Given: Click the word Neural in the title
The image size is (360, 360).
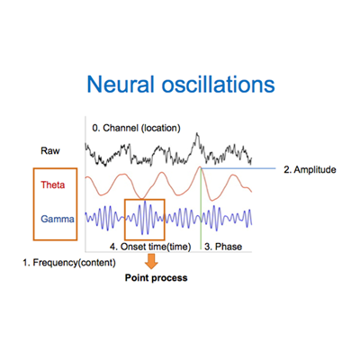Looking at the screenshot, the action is point(121,84).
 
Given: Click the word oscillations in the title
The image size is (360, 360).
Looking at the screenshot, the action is point(219,84).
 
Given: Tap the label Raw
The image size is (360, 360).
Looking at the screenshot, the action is point(50,150).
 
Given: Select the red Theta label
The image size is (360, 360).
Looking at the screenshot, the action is point(53,184).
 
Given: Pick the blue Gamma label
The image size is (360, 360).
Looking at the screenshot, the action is point(58,219).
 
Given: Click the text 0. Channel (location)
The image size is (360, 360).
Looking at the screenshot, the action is point(136,128).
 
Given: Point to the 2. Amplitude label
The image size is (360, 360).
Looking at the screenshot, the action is point(310,170).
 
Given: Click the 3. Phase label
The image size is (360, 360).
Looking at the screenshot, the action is point(223,247).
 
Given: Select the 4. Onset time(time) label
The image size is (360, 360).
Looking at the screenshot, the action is point(150,247).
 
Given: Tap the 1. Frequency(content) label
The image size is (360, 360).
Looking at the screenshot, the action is point(69,263).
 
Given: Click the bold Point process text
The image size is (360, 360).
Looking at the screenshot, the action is point(156,278).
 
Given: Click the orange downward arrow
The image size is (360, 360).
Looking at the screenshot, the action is point(151,261).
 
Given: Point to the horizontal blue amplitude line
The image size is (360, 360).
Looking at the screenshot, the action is point(238,168).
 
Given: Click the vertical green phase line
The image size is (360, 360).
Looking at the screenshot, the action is point(201,209).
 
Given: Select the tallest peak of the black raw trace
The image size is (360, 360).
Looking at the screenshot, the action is point(197,133).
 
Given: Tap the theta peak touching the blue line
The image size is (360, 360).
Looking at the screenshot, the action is point(200,167).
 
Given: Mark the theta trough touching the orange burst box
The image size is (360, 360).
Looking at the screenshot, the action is point(141,198).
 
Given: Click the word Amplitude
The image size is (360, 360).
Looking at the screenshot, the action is point(315,170).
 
